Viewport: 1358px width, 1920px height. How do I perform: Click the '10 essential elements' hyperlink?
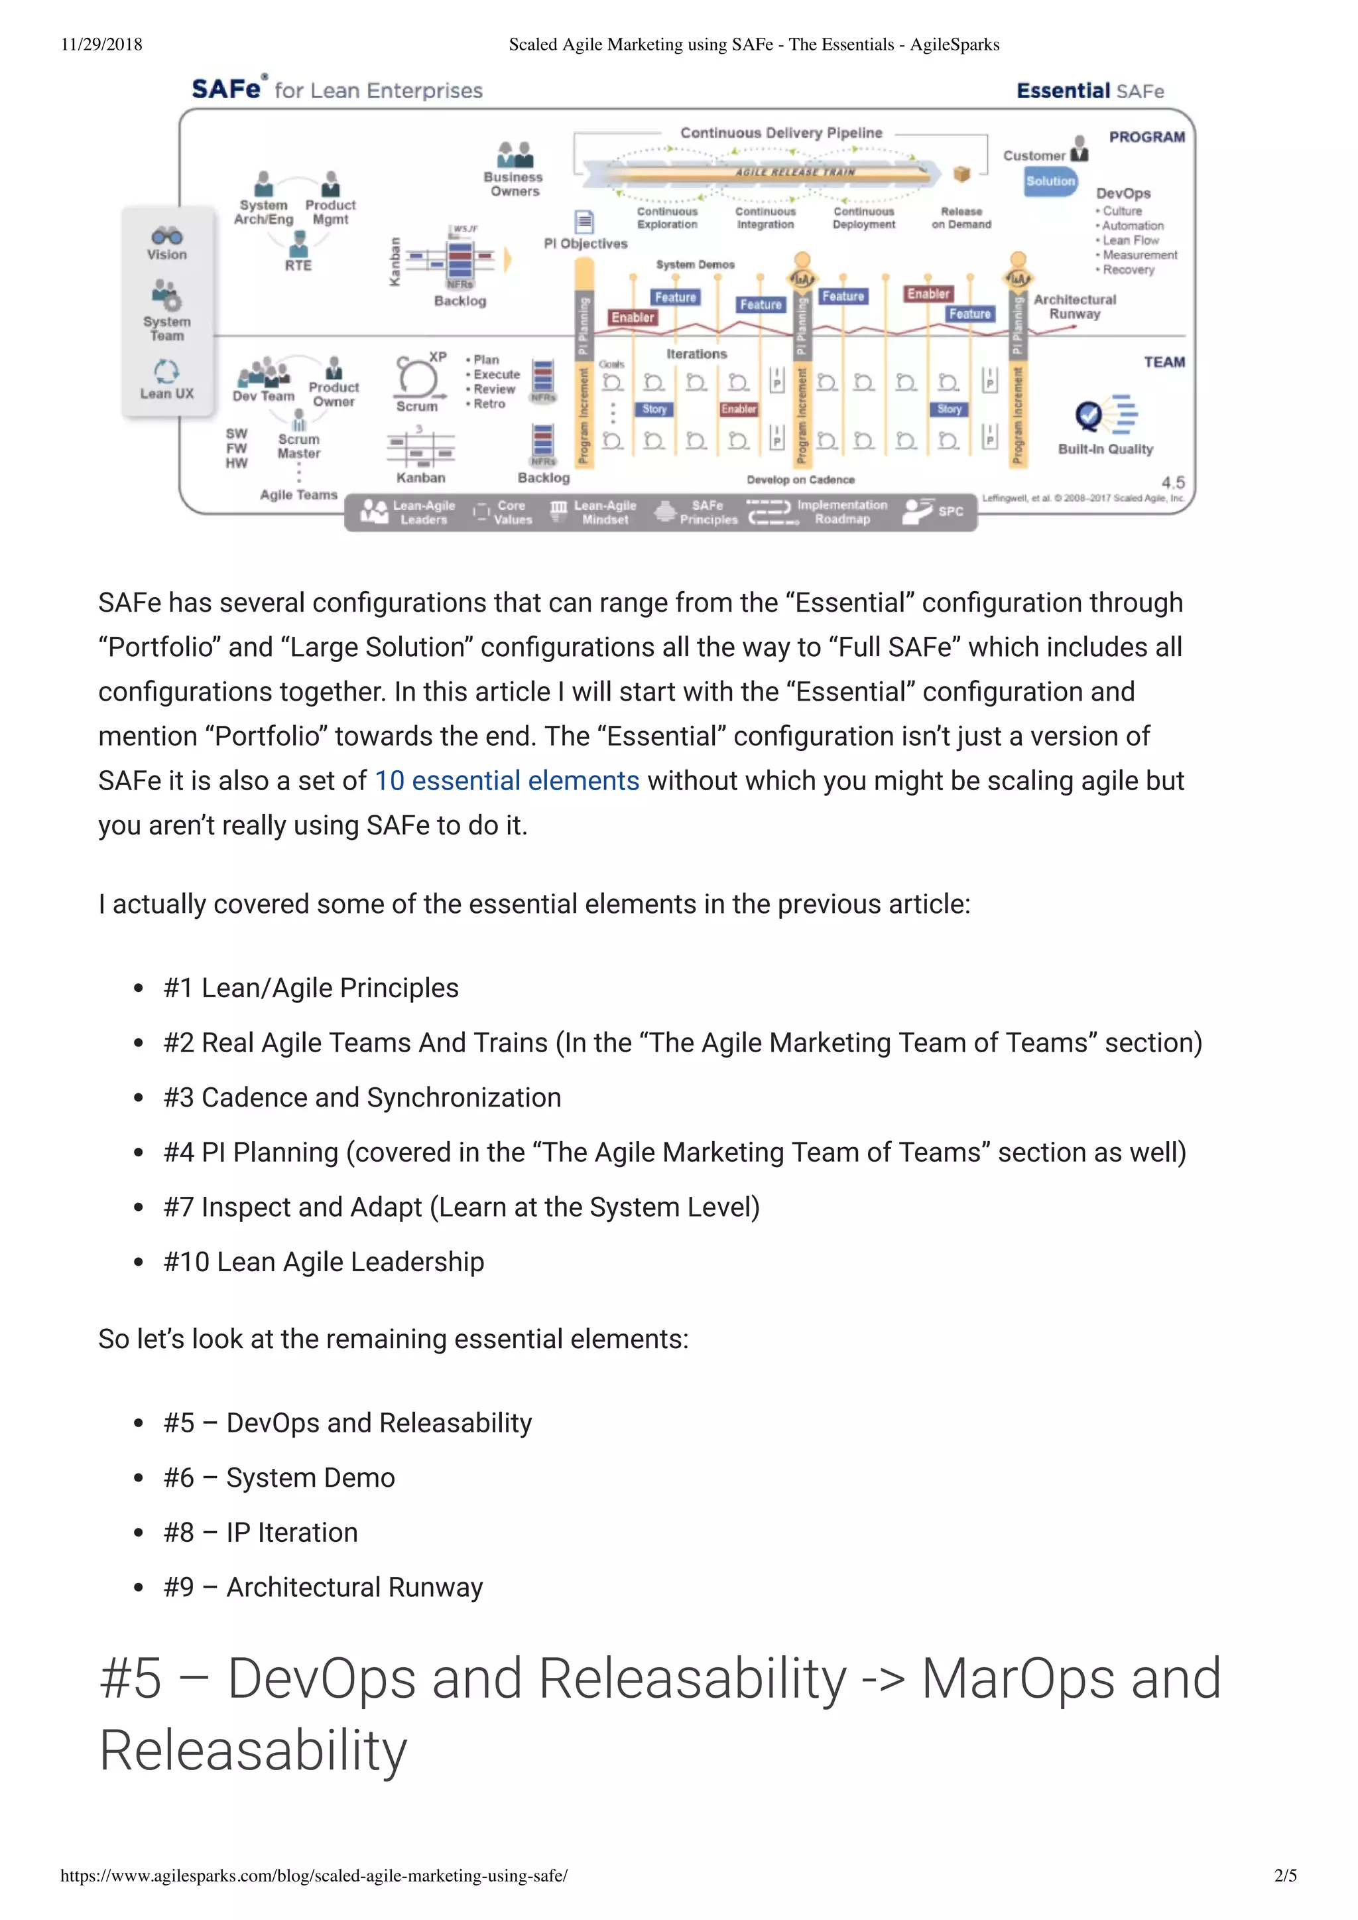pos(507,781)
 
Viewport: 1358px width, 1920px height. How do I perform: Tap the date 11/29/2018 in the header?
pos(101,44)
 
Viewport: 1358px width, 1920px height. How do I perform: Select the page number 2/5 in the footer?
pos(1285,1875)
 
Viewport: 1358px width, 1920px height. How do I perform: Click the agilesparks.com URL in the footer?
pos(314,1875)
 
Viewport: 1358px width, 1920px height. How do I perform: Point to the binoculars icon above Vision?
pos(166,236)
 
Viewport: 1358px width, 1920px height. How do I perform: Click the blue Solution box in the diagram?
pos(1050,180)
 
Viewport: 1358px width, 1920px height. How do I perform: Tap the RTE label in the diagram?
pos(298,265)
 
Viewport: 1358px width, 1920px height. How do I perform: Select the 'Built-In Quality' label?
pos(1105,449)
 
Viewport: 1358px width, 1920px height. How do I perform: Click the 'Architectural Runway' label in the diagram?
pos(1074,307)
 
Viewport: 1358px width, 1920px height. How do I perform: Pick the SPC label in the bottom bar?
pos(951,511)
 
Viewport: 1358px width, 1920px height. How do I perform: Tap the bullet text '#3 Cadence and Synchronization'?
pos(362,1097)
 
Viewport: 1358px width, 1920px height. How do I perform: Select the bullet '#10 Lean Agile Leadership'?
pos(324,1262)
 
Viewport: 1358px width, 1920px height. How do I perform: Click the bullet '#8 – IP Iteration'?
pos(260,1533)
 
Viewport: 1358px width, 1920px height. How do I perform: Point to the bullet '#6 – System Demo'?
pos(278,1477)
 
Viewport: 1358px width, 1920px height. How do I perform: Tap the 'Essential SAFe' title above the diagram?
pos(1089,90)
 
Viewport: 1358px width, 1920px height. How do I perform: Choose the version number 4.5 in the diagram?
pos(1172,483)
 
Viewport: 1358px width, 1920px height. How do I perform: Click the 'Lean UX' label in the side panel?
pos(166,393)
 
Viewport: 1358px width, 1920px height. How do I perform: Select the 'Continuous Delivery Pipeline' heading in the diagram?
pos(781,133)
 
